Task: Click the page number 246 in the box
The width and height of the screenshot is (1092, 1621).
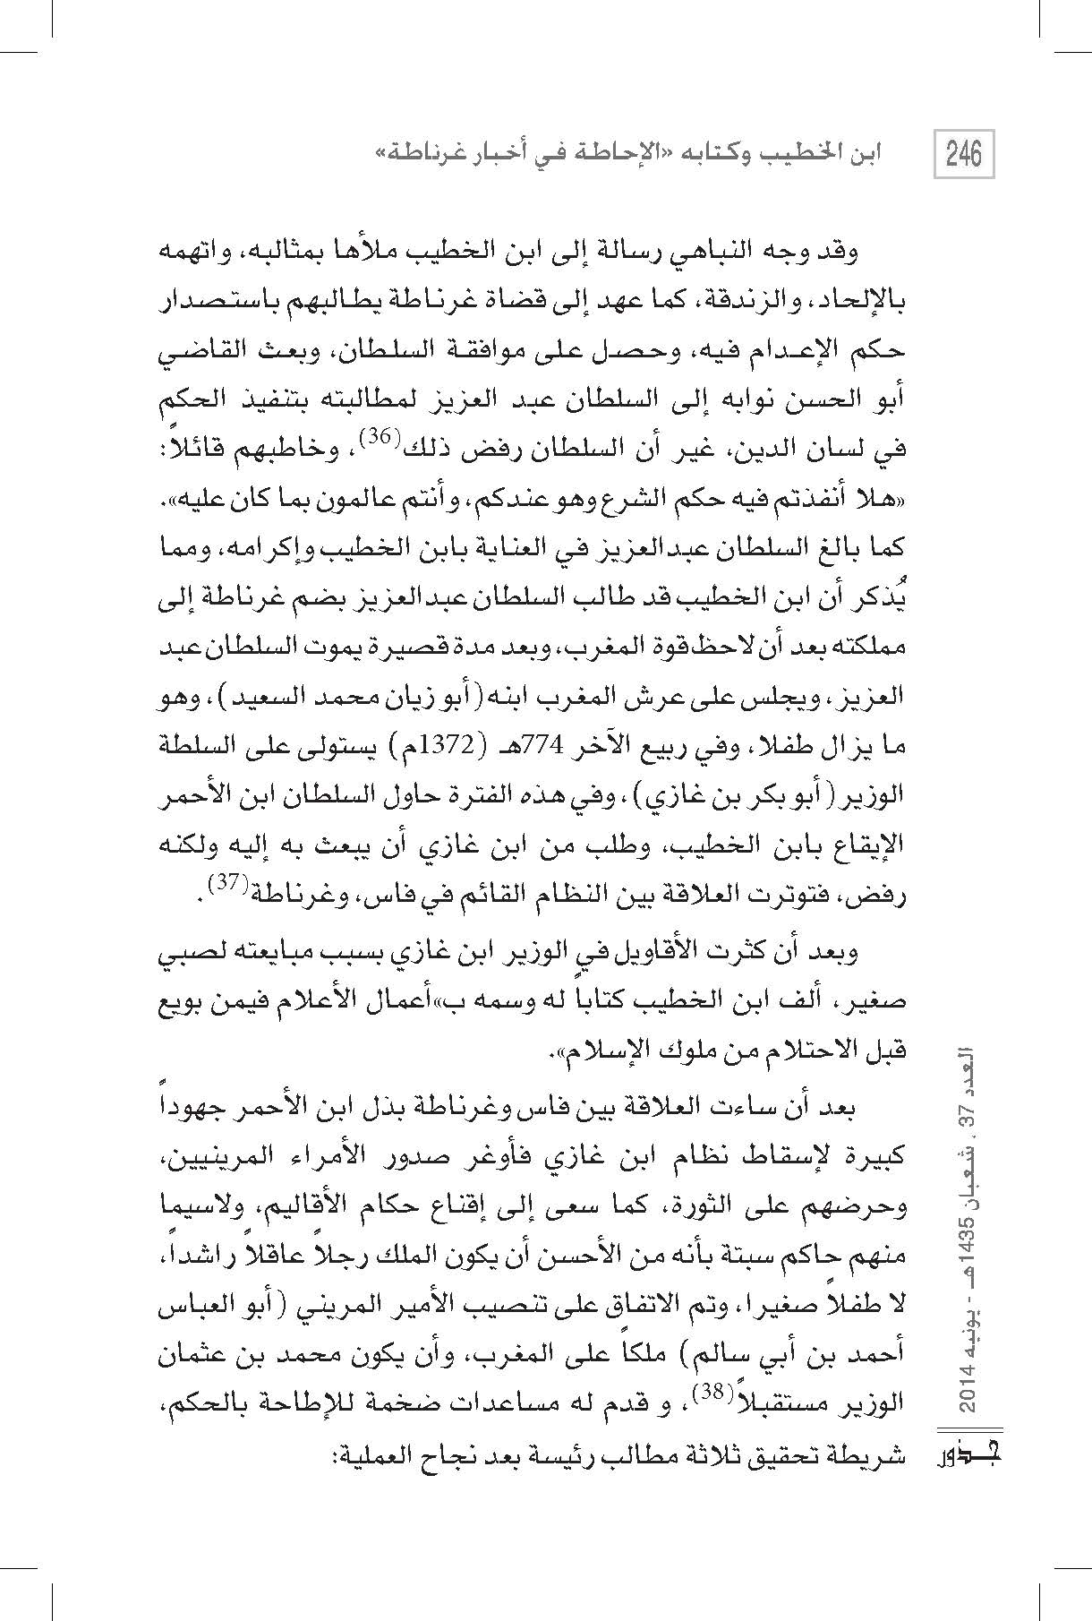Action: point(963,154)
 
